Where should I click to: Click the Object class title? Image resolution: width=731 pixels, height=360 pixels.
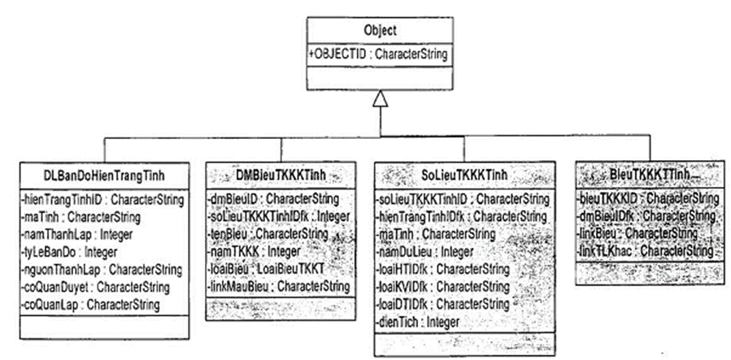coord(380,31)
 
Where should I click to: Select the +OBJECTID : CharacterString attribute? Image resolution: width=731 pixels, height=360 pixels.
coord(378,54)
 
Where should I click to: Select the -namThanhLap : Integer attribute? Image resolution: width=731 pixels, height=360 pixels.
coord(72,235)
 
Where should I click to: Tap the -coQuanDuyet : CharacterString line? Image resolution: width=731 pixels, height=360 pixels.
coord(92,287)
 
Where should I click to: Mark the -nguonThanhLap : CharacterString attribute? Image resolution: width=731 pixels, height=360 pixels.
coord(100,269)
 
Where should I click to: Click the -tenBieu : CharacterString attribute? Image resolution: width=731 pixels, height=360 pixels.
coord(269,234)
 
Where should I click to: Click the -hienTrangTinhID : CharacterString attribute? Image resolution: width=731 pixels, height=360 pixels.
coord(102,199)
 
